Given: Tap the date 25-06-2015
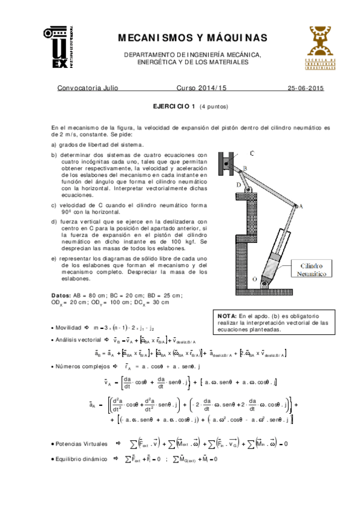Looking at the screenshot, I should tap(306, 88).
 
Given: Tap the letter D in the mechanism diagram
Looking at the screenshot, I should tap(239, 185).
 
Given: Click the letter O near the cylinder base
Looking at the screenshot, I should tap(255, 280).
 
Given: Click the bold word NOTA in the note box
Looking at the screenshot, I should tap(227, 316).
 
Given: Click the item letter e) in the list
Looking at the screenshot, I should tap(54, 258).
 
